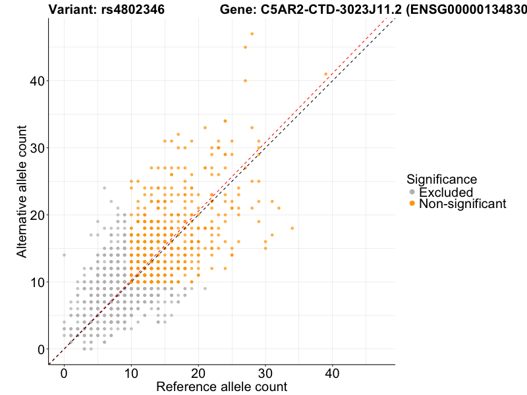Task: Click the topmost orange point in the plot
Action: point(252,34)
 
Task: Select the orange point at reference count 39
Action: point(325,74)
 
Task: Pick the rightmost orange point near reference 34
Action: point(292,228)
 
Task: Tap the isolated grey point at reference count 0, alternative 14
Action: point(64,255)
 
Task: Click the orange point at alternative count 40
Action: point(245,80)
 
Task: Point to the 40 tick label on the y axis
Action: point(38,81)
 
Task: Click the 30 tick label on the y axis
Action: point(38,148)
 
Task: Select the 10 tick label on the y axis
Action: point(38,282)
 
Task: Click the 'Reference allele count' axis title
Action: point(221,386)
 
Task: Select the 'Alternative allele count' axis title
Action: point(22,191)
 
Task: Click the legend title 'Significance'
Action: point(441,179)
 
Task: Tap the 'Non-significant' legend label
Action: point(462,204)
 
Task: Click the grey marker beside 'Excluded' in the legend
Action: point(412,192)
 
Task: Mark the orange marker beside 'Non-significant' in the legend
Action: point(412,204)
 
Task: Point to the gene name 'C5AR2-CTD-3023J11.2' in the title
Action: point(326,9)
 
